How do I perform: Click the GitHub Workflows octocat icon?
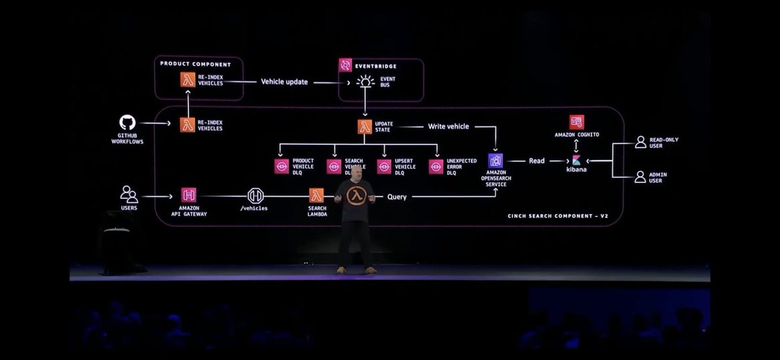click(x=127, y=122)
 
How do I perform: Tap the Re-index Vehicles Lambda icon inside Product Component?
click(x=188, y=79)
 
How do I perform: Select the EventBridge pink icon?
click(x=345, y=65)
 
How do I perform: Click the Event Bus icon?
click(x=366, y=82)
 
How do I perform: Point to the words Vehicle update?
click(x=284, y=82)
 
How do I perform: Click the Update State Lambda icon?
click(x=365, y=127)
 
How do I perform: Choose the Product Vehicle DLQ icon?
click(x=281, y=166)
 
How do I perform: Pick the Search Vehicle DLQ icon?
click(x=333, y=166)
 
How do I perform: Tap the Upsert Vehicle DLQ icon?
click(x=384, y=166)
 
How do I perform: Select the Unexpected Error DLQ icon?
click(x=436, y=166)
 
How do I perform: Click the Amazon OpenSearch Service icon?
click(x=496, y=161)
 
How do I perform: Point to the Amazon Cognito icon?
click(x=577, y=122)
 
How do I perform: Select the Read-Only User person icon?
click(x=640, y=142)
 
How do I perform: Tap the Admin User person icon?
click(x=640, y=176)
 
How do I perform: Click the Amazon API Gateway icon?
click(x=188, y=194)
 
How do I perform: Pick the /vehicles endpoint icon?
click(x=256, y=195)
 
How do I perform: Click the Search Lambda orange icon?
click(x=317, y=195)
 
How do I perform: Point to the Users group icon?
click(x=129, y=194)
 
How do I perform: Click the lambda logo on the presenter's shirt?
click(x=355, y=196)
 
